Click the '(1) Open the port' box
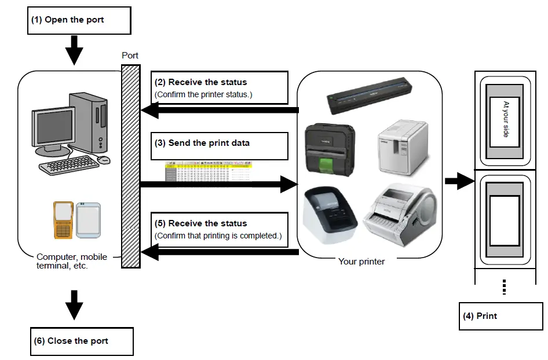pos(80,20)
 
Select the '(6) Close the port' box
pos(81,341)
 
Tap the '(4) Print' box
pos(500,316)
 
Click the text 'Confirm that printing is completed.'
pos(218,236)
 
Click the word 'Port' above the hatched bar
pos(130,56)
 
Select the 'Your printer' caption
pos(361,262)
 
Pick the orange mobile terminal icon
pos(63,220)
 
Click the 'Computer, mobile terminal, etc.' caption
pos(71,262)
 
